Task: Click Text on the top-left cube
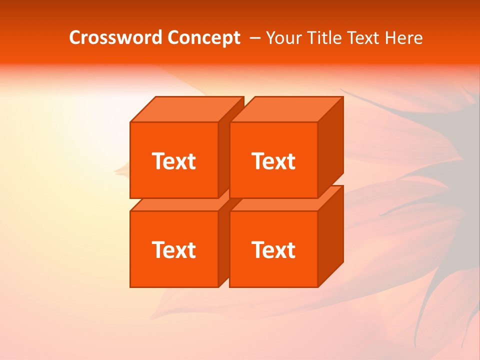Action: (173, 161)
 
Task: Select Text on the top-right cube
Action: (273, 161)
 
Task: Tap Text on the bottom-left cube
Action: (173, 250)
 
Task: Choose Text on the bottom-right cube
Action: (273, 250)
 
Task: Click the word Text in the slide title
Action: (363, 38)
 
